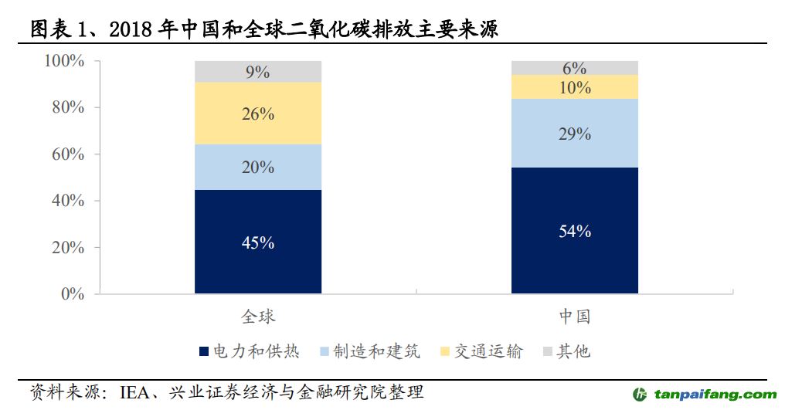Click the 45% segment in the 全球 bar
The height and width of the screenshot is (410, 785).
pos(258,242)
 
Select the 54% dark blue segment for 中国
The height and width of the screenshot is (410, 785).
pos(574,230)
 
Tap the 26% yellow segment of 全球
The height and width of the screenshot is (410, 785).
pos(258,114)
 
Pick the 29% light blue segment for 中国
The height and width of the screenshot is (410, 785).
pos(574,134)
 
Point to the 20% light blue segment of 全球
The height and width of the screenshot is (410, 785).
pos(258,167)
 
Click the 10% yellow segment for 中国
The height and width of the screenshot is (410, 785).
pos(574,87)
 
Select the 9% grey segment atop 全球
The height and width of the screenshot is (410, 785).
pos(258,72)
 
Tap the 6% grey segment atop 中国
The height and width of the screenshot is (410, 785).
pos(574,68)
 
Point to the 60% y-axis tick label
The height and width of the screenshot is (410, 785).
pos(68,154)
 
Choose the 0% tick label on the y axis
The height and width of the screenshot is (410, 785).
pos(73,294)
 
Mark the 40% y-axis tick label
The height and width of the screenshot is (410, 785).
pos(68,201)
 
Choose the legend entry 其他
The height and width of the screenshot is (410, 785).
pos(573,352)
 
